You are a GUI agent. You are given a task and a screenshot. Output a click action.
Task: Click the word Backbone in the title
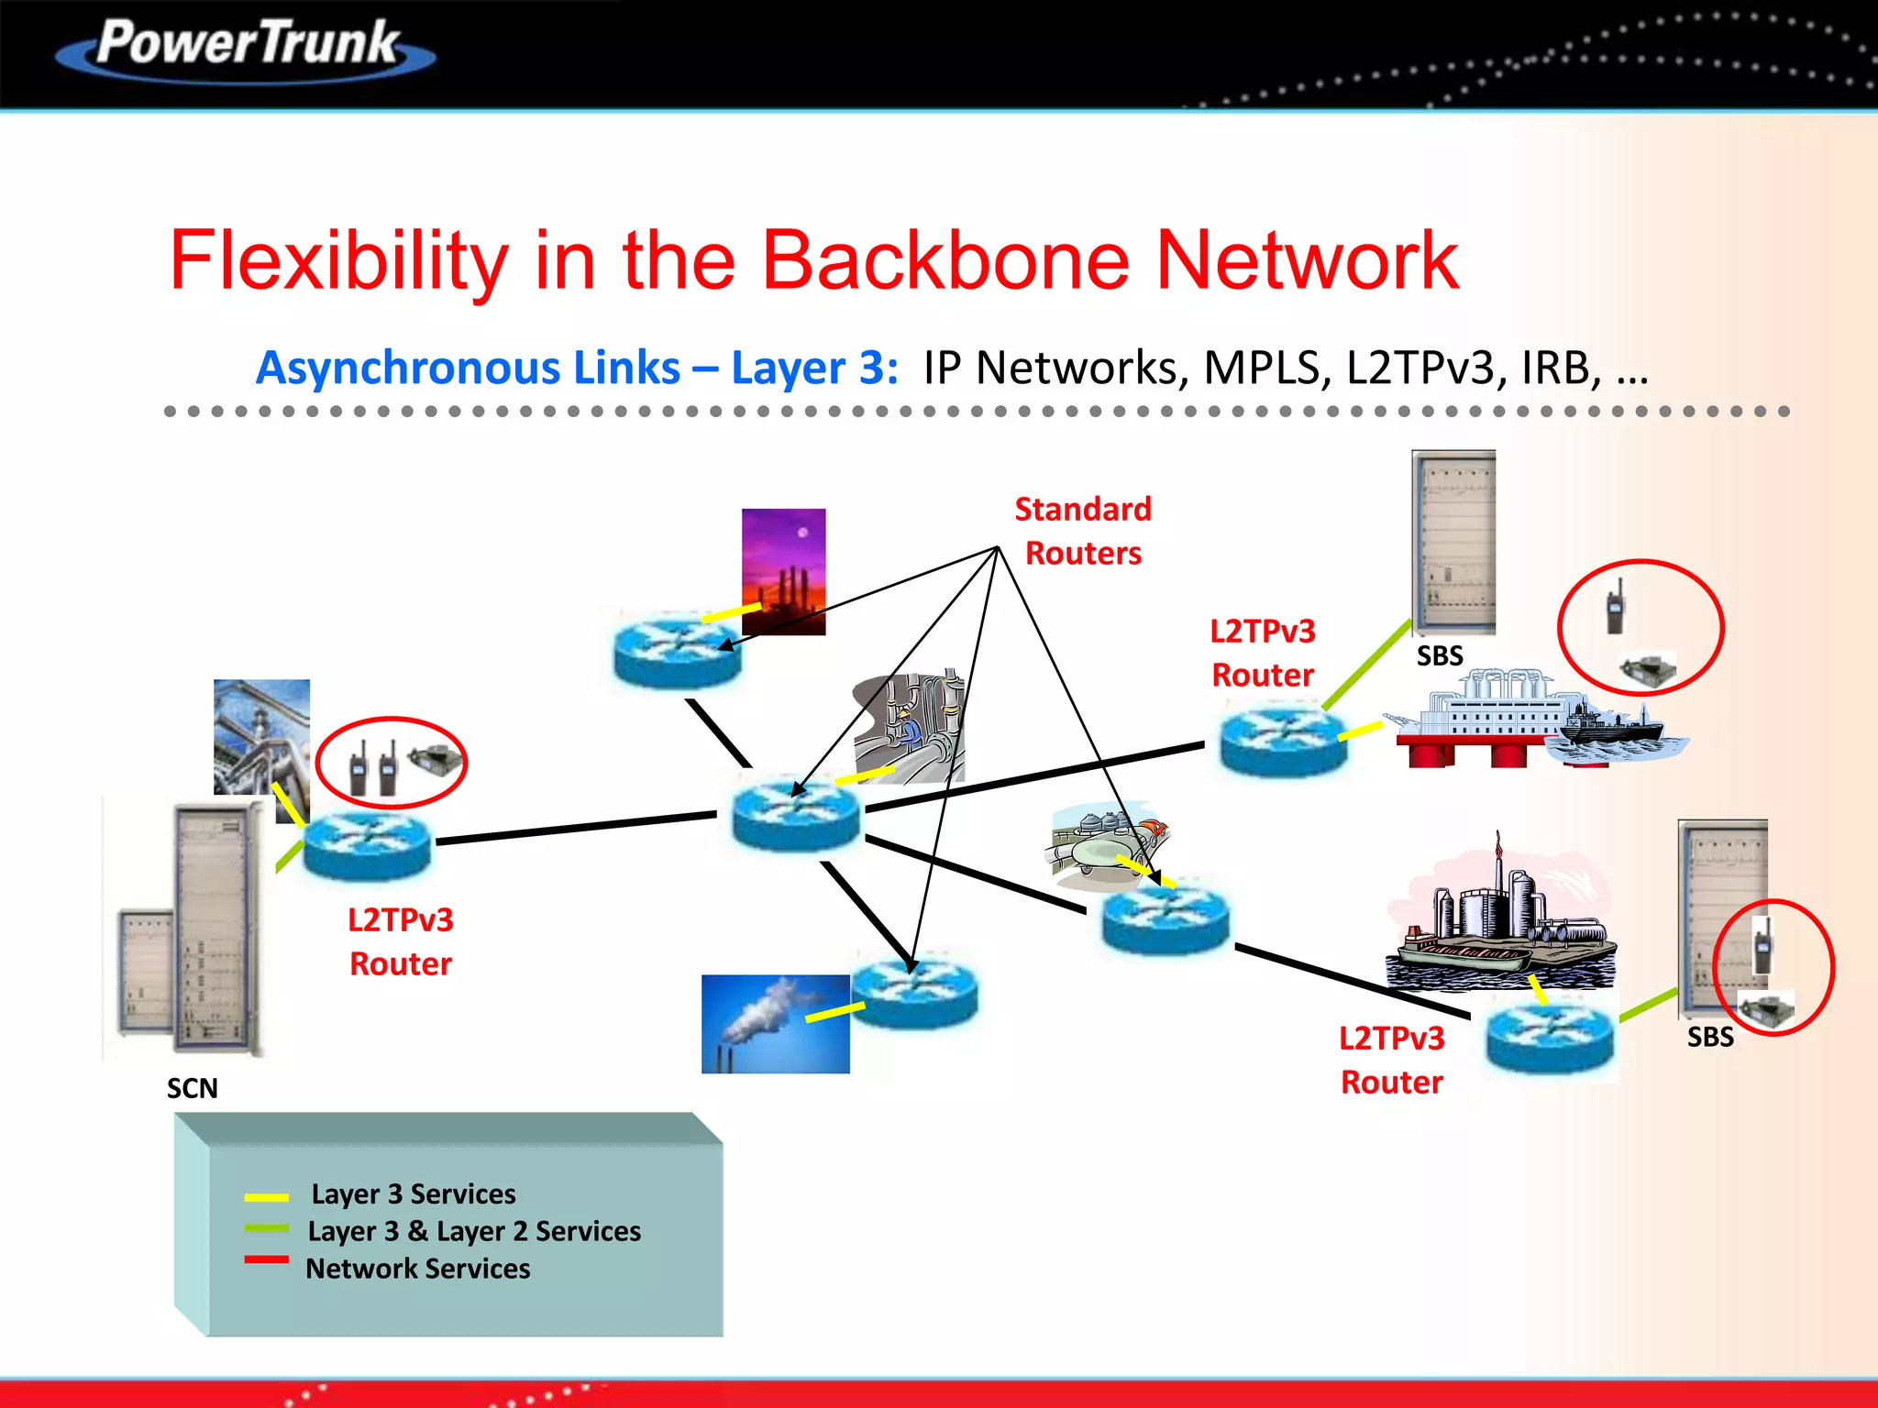945,261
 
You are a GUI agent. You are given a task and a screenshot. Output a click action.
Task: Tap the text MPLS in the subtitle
1265,368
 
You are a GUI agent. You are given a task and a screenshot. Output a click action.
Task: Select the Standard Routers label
1082,532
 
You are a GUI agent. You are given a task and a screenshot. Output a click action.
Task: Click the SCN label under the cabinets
192,1088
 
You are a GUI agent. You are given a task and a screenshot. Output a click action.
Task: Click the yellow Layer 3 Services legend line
266,1197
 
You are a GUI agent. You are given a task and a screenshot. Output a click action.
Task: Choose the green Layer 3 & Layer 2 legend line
266,1228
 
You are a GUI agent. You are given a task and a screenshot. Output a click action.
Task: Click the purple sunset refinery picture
783,570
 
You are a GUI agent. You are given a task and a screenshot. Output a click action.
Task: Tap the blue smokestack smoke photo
775,1024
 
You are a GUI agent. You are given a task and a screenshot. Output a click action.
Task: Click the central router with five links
796,813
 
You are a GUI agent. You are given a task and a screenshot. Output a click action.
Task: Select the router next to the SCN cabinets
367,845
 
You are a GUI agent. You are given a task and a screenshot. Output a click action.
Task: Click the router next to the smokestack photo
914,993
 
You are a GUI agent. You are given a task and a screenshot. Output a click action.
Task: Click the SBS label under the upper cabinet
1440,656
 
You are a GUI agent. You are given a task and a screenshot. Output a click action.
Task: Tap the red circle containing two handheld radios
392,763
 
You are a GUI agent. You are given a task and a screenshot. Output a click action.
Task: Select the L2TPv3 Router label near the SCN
401,941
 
